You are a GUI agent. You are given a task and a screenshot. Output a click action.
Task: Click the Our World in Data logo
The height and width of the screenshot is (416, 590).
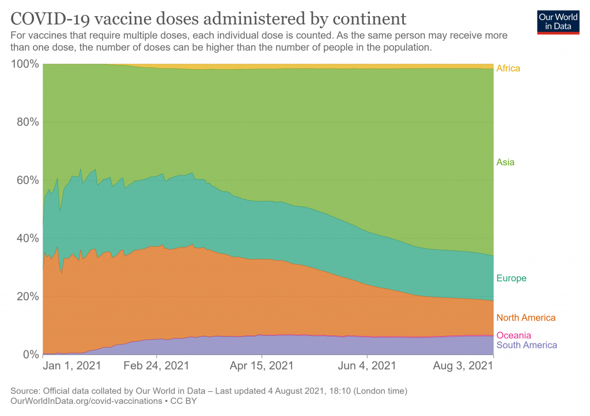[x=558, y=21]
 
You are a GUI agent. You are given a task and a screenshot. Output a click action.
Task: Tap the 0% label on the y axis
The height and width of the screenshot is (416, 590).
[x=29, y=354]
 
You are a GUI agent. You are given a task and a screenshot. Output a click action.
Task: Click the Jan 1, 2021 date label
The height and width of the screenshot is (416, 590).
[x=73, y=366]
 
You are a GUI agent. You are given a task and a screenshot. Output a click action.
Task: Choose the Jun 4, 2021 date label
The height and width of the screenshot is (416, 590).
[x=366, y=366]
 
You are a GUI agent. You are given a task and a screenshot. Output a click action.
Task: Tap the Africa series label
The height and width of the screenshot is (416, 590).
[x=508, y=68]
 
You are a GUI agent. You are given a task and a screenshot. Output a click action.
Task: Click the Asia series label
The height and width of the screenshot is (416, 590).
[x=505, y=162]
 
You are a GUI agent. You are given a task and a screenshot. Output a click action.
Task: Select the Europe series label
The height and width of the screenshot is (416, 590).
[x=512, y=278]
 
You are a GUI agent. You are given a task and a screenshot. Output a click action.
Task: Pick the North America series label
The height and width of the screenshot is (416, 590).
[x=526, y=318]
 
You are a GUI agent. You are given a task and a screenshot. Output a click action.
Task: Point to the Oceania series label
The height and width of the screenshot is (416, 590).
[x=514, y=335]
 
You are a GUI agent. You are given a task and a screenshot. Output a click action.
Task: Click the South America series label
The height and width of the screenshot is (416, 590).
[x=527, y=345]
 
